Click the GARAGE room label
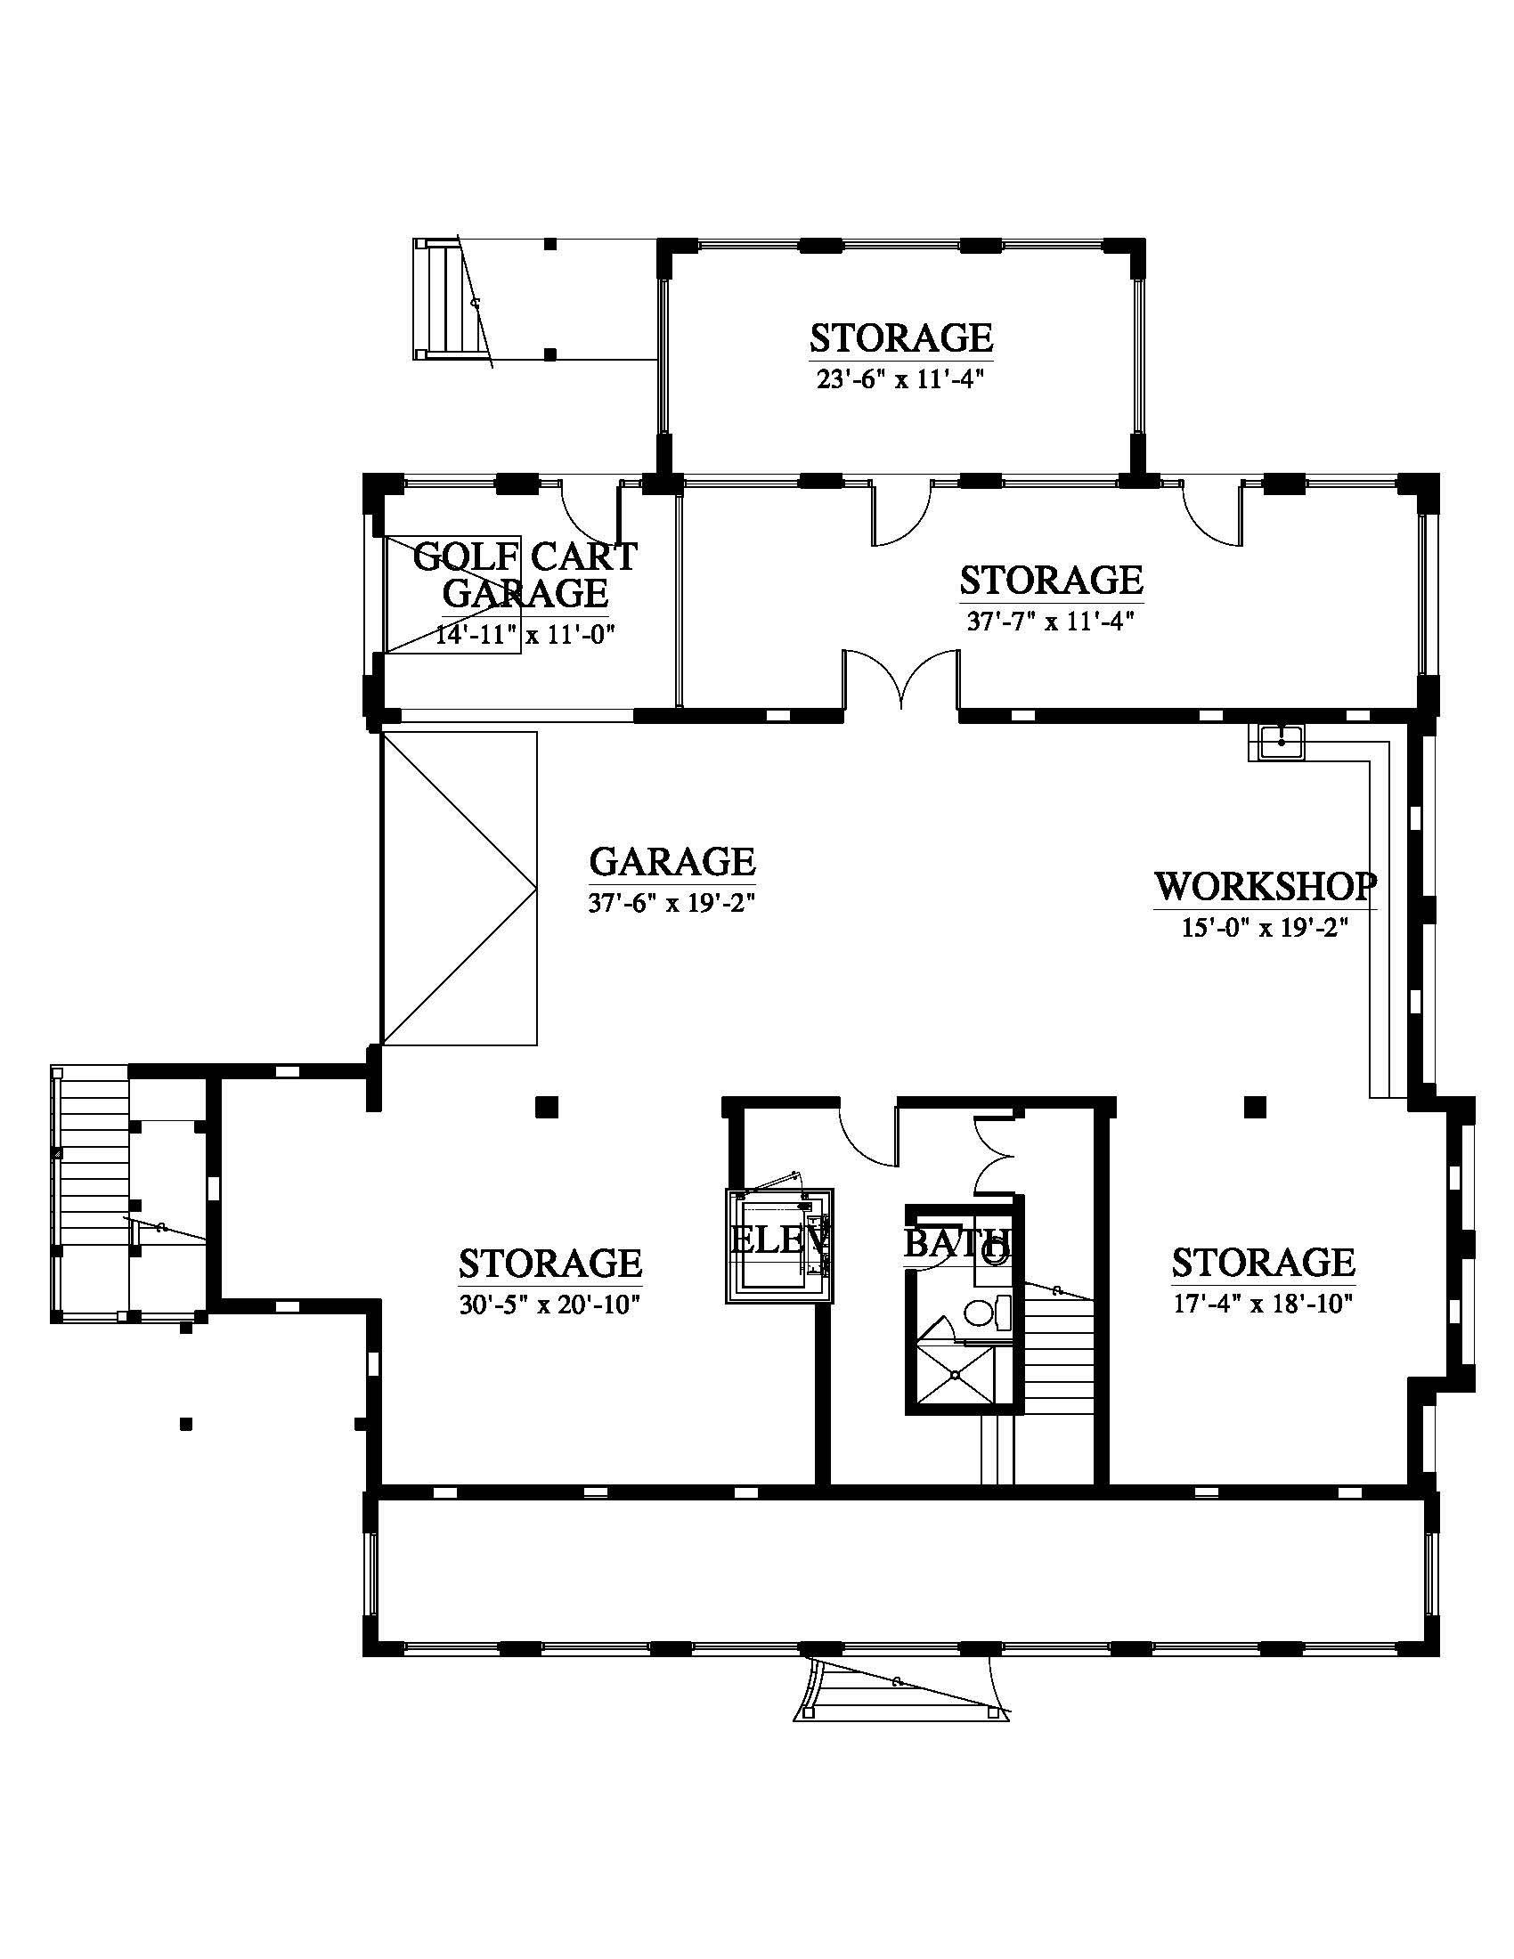672,861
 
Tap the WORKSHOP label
1265,886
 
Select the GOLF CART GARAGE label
525,575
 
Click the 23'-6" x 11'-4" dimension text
900,379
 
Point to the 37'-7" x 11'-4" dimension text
1051,621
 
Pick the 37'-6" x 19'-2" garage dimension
672,902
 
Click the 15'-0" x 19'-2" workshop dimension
1265,928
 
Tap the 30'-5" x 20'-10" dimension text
549,1305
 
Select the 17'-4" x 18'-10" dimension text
1263,1304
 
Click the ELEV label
779,1240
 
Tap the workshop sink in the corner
1282,742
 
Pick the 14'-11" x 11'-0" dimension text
525,635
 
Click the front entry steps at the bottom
900,1687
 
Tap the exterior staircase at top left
454,299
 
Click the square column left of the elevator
546,1107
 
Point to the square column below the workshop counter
1254,1106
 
